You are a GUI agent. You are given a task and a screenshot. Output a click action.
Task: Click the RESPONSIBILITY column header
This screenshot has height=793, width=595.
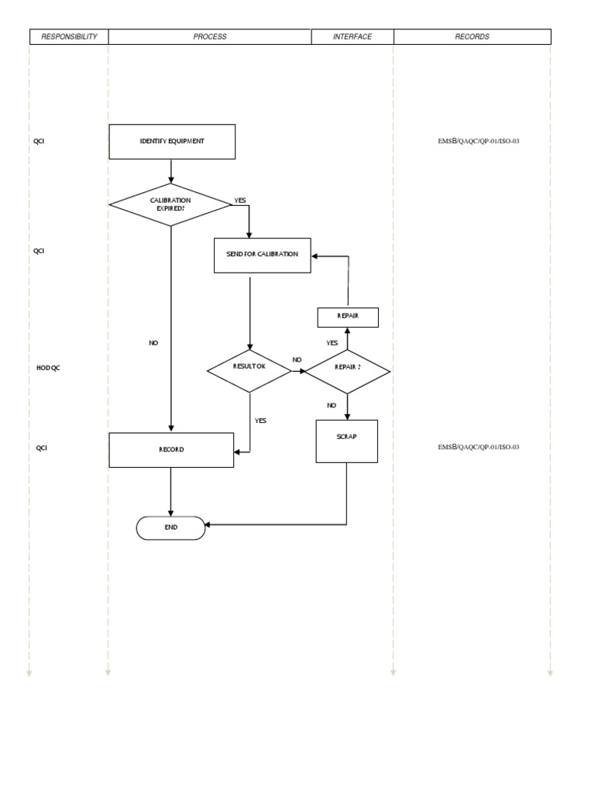69,36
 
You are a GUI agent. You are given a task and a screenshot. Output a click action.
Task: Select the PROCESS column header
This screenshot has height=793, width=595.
210,36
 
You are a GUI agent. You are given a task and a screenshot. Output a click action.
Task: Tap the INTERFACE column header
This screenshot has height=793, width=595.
353,36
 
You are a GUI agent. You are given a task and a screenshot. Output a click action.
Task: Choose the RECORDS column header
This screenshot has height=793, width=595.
473,36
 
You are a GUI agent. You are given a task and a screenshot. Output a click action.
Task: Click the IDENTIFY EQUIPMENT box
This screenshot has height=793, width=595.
172,142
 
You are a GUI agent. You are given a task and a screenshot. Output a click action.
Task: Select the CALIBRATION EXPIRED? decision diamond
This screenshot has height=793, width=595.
170,204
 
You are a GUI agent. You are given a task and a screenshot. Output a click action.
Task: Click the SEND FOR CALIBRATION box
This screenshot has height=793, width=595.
262,255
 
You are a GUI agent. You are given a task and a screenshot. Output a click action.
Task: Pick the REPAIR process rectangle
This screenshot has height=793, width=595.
348,317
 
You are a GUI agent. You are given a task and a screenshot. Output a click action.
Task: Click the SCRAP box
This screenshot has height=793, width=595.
346,441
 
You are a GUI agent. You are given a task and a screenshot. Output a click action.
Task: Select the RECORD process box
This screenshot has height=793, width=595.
171,450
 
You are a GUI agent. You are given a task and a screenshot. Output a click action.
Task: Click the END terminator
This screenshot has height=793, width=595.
170,527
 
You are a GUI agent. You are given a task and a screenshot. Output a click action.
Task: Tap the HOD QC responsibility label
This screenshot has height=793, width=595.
48,368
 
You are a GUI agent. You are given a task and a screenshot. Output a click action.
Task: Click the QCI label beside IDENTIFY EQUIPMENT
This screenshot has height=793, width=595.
39,142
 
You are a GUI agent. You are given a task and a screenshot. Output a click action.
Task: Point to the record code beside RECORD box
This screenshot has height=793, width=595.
478,448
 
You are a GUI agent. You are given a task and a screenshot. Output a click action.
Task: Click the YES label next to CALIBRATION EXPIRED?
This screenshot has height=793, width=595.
240,201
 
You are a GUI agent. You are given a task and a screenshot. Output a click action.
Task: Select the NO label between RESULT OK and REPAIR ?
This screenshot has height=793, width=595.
297,360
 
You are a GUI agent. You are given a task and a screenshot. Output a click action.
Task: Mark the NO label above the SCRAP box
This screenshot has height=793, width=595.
332,405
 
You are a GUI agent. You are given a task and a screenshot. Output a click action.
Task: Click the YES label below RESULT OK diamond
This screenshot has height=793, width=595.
260,421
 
